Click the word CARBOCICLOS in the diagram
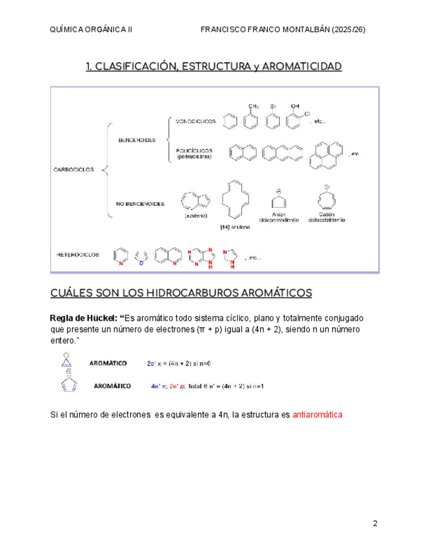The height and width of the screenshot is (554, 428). point(73,170)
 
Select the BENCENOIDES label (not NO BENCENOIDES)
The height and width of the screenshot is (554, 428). point(137,139)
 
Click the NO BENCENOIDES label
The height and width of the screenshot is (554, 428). point(139,204)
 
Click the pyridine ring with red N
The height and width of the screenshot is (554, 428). point(121,256)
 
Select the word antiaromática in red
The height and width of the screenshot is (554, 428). point(318,415)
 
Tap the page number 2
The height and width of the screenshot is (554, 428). point(375,523)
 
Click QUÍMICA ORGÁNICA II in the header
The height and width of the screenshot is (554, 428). point(91,30)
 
